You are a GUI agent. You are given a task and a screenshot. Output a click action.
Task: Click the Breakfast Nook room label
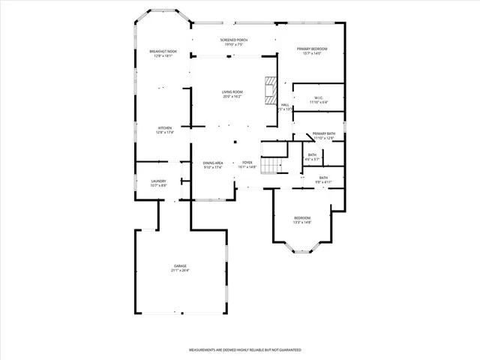point(163,51)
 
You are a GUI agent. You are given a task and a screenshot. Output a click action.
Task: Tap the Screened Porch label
point(234,40)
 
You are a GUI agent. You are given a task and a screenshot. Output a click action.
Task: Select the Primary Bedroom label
point(312,49)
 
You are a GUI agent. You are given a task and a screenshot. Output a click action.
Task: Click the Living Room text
point(232,92)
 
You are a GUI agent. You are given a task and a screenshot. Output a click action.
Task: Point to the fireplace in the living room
point(269,91)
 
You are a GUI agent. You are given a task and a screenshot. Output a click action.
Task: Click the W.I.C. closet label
point(318,98)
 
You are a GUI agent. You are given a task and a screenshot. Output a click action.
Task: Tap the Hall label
point(285,105)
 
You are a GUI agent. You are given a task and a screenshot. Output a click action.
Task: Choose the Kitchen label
point(164,128)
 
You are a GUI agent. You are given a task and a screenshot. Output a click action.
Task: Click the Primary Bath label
point(324,133)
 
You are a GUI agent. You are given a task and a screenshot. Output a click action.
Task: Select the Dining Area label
point(213,163)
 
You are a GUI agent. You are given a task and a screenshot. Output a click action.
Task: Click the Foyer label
point(247,163)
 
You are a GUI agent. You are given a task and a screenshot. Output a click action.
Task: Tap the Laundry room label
point(158,181)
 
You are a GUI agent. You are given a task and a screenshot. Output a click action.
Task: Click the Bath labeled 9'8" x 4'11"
point(322,178)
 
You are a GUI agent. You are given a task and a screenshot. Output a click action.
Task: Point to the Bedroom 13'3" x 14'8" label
point(301,218)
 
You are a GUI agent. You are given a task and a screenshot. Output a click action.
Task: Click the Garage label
point(180,265)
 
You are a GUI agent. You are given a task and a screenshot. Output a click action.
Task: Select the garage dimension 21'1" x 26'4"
point(180,270)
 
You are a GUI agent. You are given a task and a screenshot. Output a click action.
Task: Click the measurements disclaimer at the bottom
point(244,350)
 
